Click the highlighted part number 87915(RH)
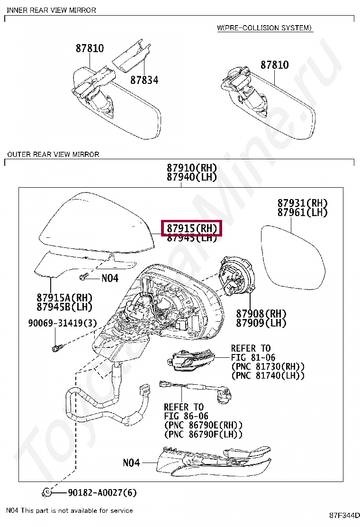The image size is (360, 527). tap(191, 228)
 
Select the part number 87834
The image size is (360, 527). tap(144, 80)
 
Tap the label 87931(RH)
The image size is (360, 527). tap(302, 203)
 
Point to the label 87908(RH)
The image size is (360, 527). tap(261, 313)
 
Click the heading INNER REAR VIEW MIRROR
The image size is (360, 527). tap(51, 10)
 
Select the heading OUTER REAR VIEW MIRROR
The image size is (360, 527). tap(53, 154)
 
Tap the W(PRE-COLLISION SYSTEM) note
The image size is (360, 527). tap(265, 28)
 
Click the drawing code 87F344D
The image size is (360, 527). tap(344, 515)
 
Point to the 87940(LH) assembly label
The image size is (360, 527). tap(191, 177)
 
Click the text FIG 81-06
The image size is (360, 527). tap(253, 357)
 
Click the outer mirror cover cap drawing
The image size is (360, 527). tap(95, 223)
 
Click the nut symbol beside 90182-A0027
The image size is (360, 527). tap(47, 493)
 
